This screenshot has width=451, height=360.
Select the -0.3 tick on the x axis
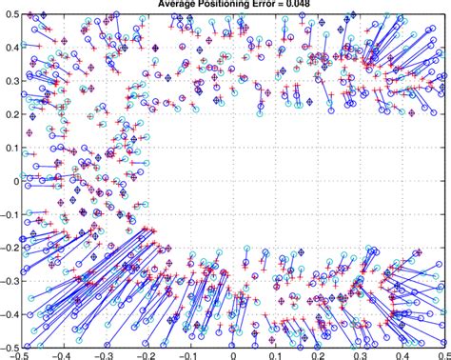click(x=108, y=355)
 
